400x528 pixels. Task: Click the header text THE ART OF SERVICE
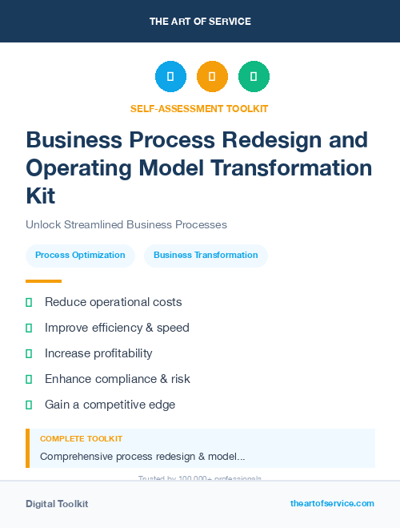pos(200,22)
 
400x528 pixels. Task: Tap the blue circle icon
pos(170,77)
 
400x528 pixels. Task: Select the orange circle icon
pos(212,77)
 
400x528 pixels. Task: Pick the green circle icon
pos(254,77)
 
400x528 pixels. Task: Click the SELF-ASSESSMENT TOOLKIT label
pos(199,108)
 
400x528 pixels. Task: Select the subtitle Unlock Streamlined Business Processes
pos(126,224)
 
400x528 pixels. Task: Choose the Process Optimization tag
pos(80,256)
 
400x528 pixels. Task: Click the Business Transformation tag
pos(206,256)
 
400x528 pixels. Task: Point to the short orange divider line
pos(43,281)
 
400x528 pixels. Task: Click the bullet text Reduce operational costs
pos(114,302)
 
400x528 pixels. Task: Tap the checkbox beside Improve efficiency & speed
pos(29,328)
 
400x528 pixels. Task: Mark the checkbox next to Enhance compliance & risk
pos(29,379)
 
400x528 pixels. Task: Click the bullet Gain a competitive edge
pos(110,405)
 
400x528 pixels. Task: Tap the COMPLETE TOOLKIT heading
pos(81,439)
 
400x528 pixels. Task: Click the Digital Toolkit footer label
pos(57,504)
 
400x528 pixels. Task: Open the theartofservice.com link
pos(332,503)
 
